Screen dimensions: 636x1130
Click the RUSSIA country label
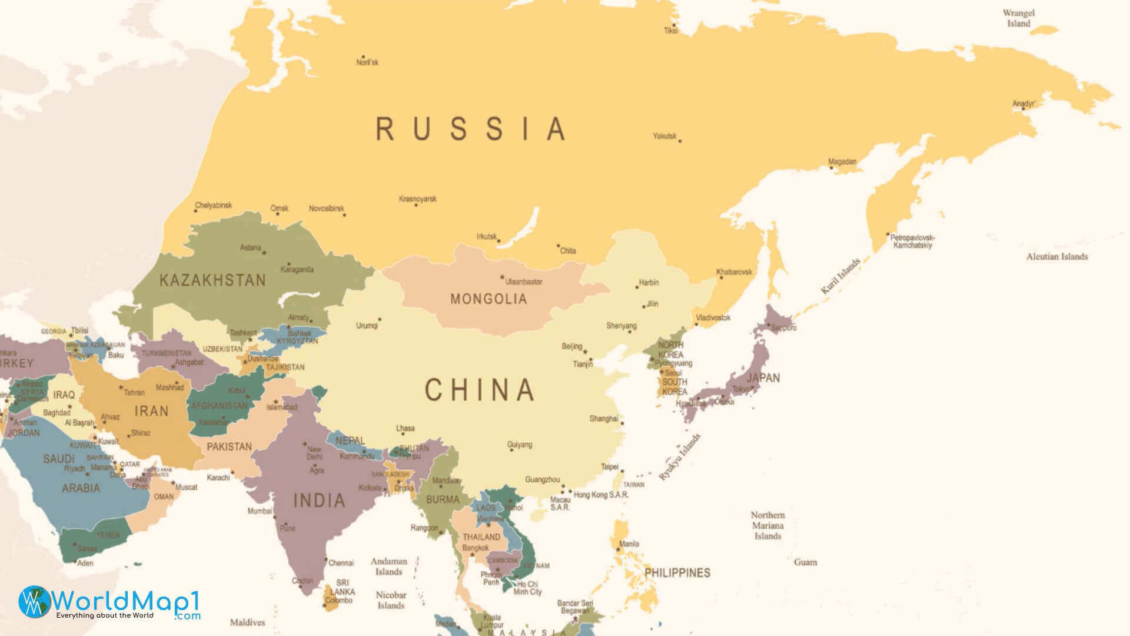pyautogui.click(x=471, y=129)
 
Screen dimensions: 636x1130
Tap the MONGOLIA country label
pyautogui.click(x=488, y=299)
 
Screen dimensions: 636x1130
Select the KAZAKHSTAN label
pyautogui.click(x=212, y=280)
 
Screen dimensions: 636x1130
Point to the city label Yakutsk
pyautogui.click(x=664, y=136)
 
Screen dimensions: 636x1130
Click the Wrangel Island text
pyautogui.click(x=1018, y=18)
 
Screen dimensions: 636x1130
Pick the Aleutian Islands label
pyautogui.click(x=1056, y=257)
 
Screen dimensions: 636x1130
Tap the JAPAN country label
pyautogui.click(x=763, y=378)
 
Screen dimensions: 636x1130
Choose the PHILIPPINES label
pyautogui.click(x=677, y=572)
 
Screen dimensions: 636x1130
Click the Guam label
pyautogui.click(x=805, y=562)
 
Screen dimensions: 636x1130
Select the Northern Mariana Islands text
pyautogui.click(x=767, y=525)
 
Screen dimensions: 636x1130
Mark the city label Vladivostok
pyautogui.click(x=713, y=318)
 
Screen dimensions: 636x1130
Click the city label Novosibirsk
pyautogui.click(x=326, y=208)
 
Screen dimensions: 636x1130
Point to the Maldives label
pyautogui.click(x=247, y=622)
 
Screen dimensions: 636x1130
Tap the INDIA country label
pyautogui.click(x=319, y=501)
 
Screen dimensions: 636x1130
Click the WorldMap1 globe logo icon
pyautogui.click(x=35, y=602)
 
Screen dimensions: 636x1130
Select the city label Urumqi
pyautogui.click(x=367, y=326)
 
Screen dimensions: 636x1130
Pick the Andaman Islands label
pyautogui.click(x=388, y=567)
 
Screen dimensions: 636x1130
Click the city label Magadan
pyautogui.click(x=842, y=161)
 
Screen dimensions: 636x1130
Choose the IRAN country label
pyautogui.click(x=151, y=411)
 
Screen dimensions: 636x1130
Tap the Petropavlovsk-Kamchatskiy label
pyautogui.click(x=912, y=241)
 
